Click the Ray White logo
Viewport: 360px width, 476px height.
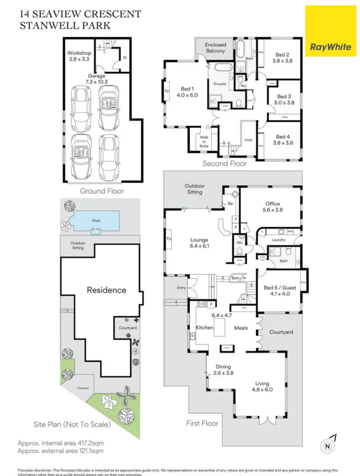(330, 31)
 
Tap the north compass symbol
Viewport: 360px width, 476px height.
(327, 446)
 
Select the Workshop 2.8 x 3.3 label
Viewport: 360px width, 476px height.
(79, 56)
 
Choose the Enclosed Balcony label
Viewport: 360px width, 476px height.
(215, 48)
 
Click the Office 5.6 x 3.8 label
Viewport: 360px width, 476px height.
(272, 207)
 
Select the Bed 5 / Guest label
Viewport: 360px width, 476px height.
(280, 290)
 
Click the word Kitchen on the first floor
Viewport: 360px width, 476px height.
(205, 327)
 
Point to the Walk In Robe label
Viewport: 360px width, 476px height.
(204, 141)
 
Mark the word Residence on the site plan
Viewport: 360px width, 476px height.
(106, 290)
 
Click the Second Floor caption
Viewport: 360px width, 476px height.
(225, 164)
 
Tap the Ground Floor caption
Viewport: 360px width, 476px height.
(102, 191)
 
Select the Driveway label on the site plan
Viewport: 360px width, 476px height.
(83, 388)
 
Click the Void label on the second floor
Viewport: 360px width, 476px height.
(248, 140)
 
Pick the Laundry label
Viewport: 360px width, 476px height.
(278, 240)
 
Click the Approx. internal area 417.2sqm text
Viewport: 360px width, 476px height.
(61, 443)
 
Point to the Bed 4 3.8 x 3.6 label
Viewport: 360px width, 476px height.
(280, 140)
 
